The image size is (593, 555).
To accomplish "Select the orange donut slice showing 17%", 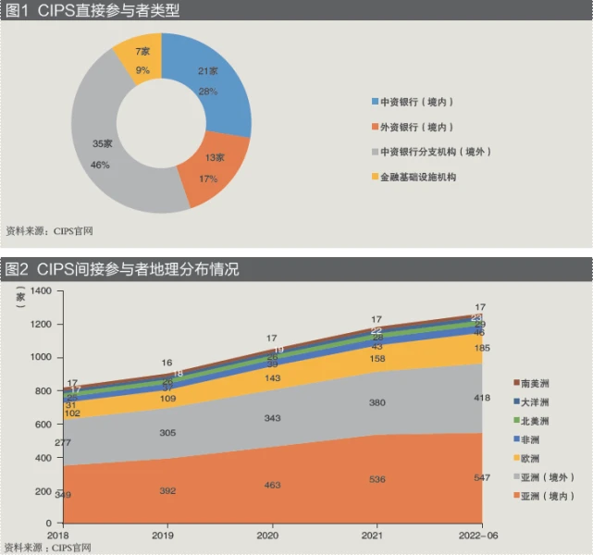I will point(210,166).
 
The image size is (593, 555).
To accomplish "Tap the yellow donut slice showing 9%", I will point(142,60).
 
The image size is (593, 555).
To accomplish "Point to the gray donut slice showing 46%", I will point(102,148).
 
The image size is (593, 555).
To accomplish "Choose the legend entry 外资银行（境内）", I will point(415,127).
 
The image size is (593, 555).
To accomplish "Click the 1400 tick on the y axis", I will point(39,291).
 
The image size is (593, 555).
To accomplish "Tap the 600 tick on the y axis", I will point(42,424).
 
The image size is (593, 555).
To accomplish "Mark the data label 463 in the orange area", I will point(271,485).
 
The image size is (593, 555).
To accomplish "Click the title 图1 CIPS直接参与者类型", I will point(93,11).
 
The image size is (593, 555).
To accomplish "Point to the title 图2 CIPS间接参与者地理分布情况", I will point(122,269).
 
